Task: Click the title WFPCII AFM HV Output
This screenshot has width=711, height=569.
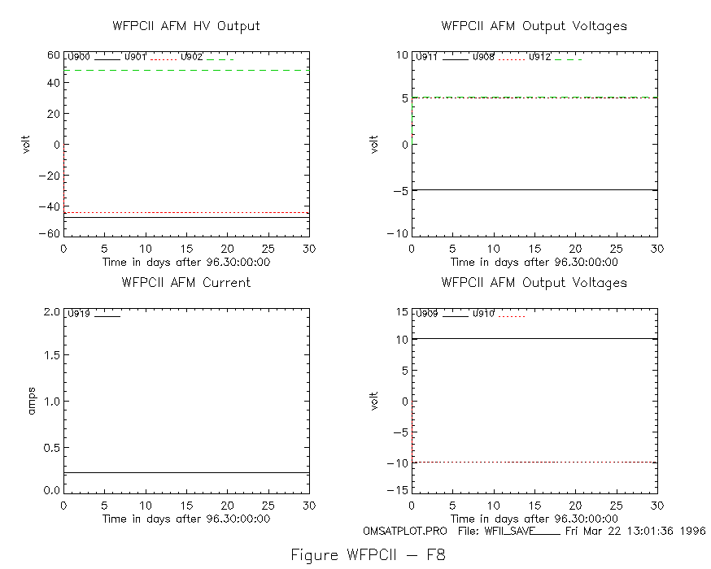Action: point(186,26)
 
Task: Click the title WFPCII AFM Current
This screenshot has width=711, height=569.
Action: point(186,283)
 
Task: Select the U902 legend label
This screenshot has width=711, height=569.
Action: point(191,57)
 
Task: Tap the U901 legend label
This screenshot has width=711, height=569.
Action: point(135,57)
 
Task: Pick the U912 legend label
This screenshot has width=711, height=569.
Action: point(539,57)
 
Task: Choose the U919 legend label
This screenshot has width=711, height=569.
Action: point(79,314)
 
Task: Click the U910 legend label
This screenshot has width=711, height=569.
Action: point(483,314)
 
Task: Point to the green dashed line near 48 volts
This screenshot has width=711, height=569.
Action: point(186,70)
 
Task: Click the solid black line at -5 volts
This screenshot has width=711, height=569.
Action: point(534,190)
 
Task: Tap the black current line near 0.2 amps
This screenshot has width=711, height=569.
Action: point(186,472)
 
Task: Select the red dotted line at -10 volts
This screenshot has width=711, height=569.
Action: point(534,462)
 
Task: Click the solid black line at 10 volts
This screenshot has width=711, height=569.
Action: point(534,338)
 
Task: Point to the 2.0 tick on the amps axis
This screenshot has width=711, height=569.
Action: point(52,312)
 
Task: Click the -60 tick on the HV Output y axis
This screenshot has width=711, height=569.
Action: point(49,234)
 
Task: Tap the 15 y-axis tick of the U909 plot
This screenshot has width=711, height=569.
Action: point(402,312)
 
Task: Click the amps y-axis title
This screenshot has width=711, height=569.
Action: point(31,401)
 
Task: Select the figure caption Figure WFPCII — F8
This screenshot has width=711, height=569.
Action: point(369,555)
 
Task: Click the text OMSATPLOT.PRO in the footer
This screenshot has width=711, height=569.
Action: point(405,531)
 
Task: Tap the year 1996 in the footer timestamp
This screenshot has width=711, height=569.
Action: point(692,531)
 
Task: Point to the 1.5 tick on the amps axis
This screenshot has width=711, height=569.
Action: point(52,355)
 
